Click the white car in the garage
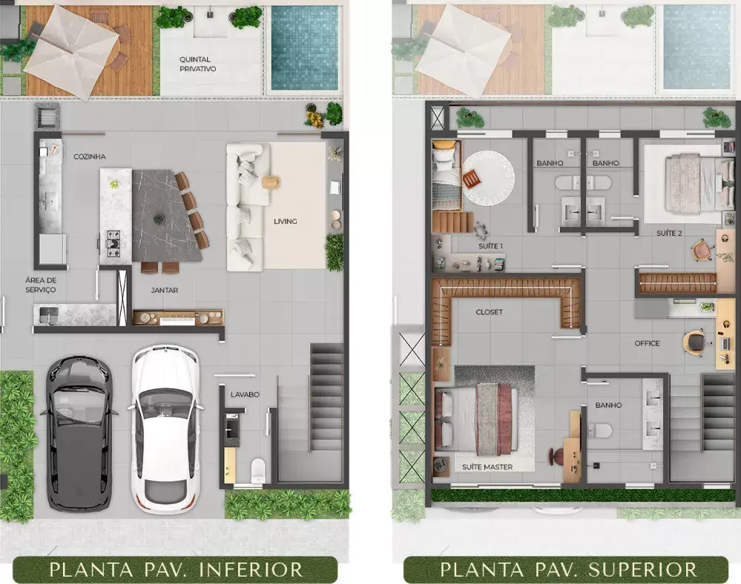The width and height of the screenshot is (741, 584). pos(165,430)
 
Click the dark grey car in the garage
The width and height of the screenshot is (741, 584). pos(79,434)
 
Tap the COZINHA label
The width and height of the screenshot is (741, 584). pos(90,156)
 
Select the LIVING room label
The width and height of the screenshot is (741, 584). pos(286,221)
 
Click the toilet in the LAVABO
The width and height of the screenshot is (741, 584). pos(258,469)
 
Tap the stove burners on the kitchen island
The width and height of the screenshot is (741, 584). pos(113,243)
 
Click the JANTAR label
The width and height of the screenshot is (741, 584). pos(165,291)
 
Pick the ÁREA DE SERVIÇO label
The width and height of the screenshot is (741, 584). pos(41,285)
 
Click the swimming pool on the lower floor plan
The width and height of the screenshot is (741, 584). pos(305,48)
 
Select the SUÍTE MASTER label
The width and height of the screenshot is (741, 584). pos(487,467)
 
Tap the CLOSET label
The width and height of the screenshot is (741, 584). pos(489,312)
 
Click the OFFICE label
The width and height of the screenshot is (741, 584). pos(647,343)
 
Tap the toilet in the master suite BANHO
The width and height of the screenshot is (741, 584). pos(600,431)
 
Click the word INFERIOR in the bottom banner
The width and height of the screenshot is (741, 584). pos(251,570)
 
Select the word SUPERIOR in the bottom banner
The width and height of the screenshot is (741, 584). pos(642,570)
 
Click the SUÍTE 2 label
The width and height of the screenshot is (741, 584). pos(669,233)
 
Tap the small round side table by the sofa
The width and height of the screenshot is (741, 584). pos(271,182)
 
